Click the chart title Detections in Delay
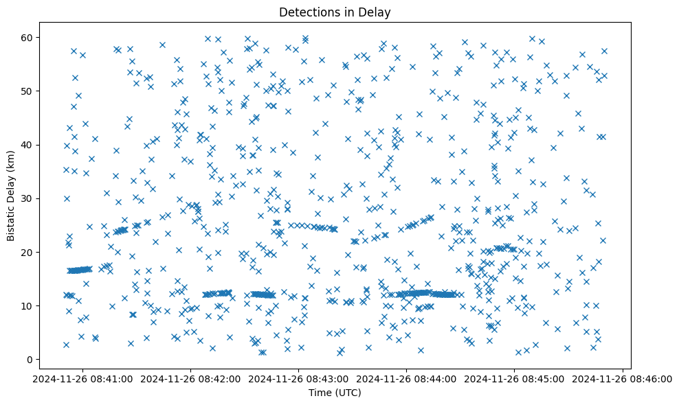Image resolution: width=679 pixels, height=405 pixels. (x=335, y=12)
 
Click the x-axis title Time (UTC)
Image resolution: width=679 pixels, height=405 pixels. (x=335, y=393)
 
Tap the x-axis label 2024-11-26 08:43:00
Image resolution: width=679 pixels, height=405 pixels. (x=299, y=379)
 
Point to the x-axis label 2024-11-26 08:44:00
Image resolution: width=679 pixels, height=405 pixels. (x=407, y=379)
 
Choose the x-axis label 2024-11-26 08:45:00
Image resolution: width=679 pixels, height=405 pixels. (x=515, y=379)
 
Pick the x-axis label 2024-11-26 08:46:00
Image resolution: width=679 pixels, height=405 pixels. (x=623, y=379)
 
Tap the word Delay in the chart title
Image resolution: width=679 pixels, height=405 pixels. (x=377, y=12)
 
